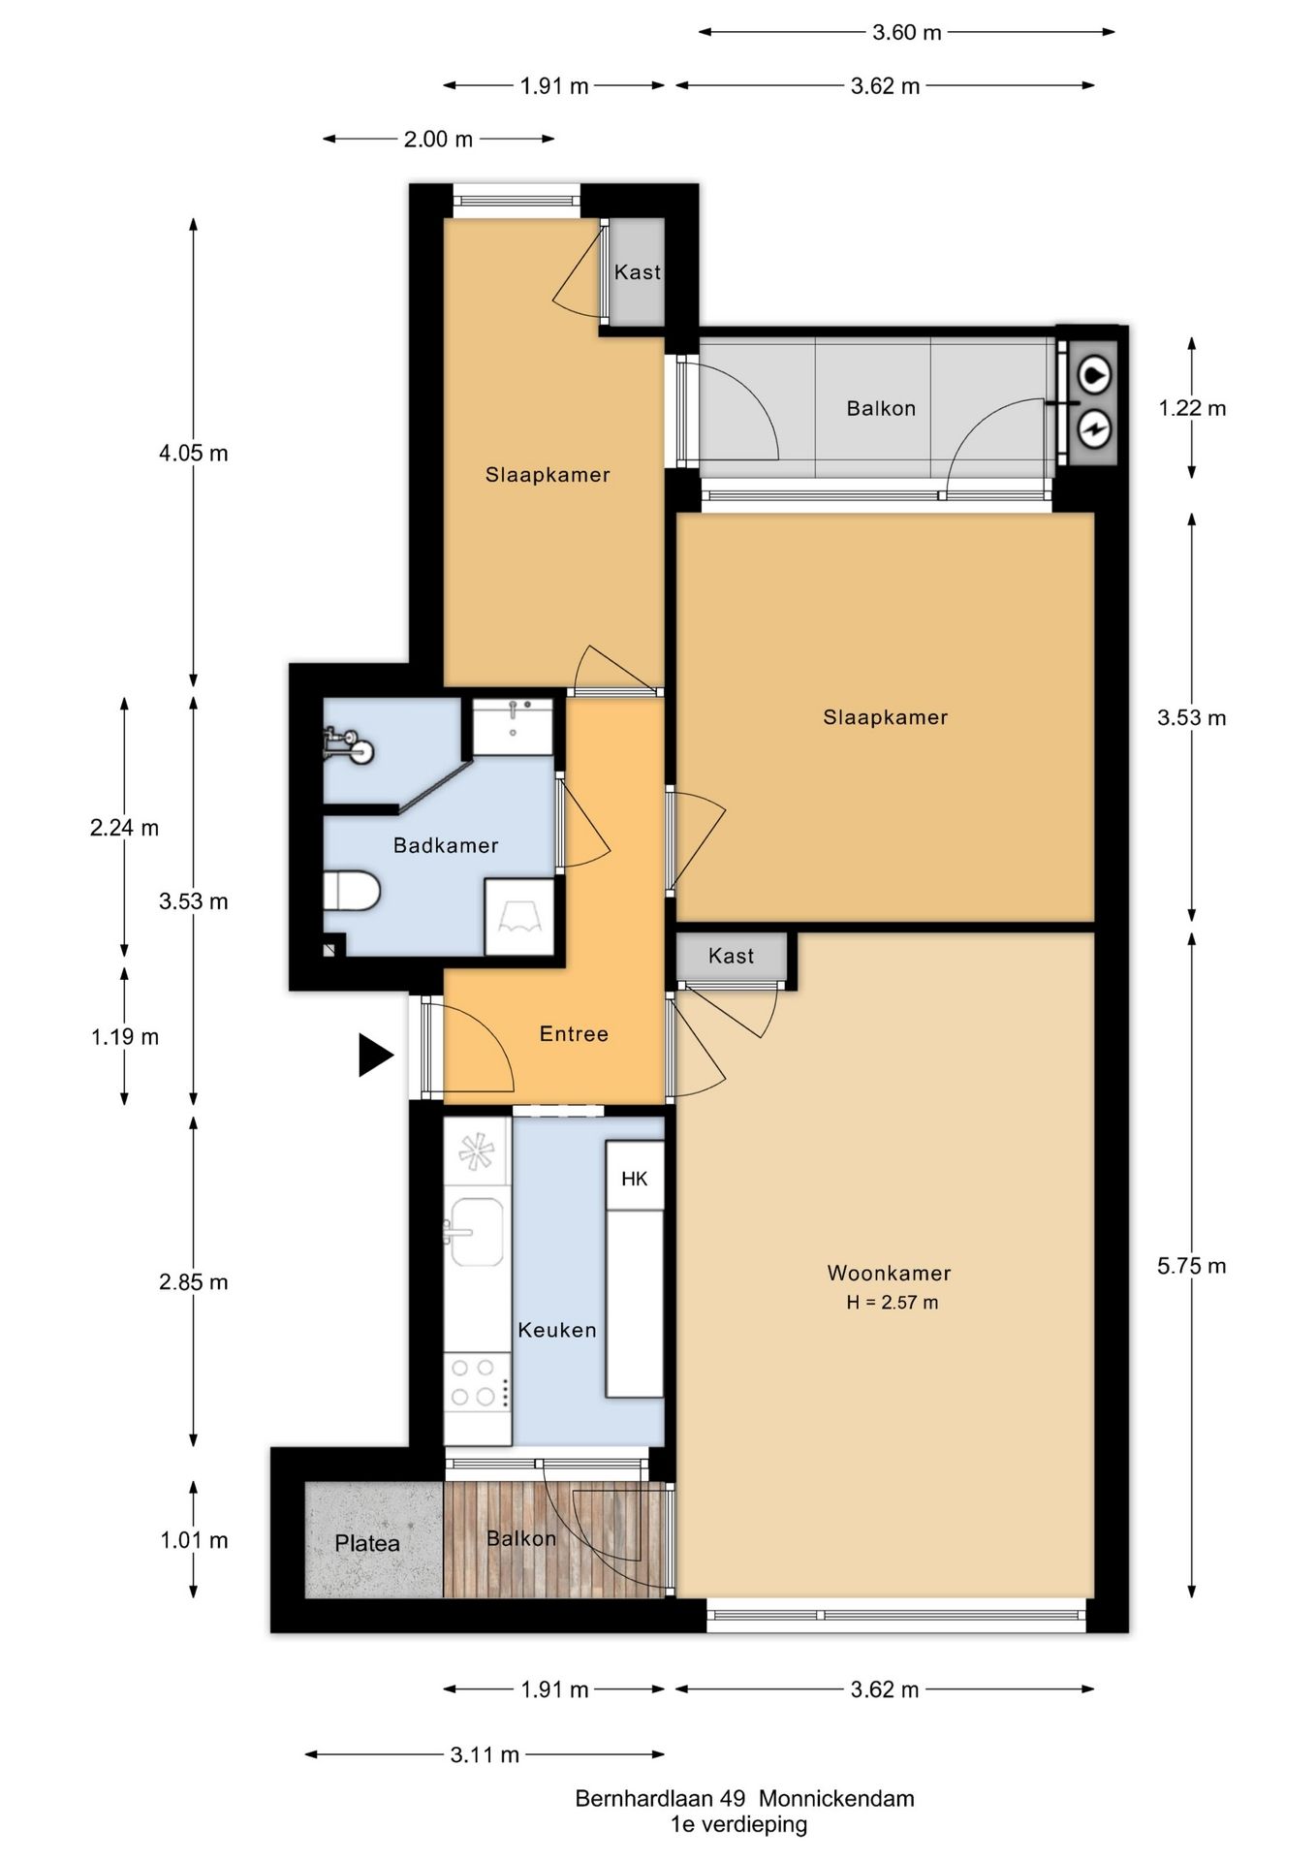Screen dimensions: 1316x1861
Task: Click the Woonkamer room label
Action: (889, 1273)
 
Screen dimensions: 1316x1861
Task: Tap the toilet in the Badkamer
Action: (351, 891)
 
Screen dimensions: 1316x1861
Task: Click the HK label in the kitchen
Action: (635, 1179)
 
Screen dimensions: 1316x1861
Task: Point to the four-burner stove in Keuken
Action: (477, 1382)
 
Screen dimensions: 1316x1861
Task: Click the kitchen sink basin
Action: (477, 1233)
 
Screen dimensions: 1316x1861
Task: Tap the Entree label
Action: (574, 1034)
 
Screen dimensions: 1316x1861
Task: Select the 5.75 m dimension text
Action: (1191, 1266)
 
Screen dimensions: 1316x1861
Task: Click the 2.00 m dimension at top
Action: (438, 140)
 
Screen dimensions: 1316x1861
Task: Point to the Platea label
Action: (367, 1543)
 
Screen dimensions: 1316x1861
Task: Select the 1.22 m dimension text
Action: (1192, 408)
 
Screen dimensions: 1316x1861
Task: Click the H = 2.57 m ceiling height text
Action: (892, 1303)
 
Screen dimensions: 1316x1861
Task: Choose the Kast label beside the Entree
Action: (731, 956)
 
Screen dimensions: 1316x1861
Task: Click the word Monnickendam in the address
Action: (836, 1799)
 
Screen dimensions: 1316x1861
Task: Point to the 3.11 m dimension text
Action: (485, 1754)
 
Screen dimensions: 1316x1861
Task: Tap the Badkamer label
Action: (446, 845)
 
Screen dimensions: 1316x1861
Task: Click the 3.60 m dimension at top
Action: (906, 32)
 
